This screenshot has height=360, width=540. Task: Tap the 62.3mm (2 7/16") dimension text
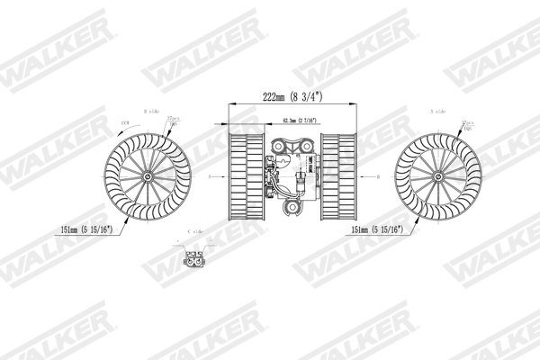[x=294, y=120]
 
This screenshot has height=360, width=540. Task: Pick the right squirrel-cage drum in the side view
[x=339, y=175]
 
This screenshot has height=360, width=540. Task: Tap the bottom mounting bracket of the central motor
[x=294, y=208]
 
